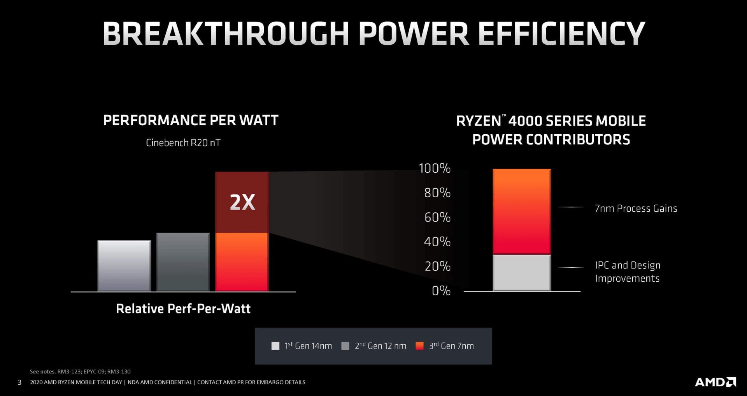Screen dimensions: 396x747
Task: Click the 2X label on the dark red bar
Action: point(242,202)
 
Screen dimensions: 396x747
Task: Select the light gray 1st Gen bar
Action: point(124,266)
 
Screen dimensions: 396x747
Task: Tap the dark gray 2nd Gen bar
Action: point(183,262)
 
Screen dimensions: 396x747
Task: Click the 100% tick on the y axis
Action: point(434,168)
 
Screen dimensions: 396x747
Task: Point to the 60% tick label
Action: point(437,217)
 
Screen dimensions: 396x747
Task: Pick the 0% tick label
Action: point(441,291)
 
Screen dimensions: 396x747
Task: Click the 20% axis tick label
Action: point(437,266)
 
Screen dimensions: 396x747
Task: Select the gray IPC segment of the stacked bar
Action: point(521,272)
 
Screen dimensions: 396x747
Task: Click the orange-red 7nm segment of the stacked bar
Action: point(521,212)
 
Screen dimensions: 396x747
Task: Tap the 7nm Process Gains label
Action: point(636,209)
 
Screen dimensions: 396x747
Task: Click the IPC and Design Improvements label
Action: point(627,272)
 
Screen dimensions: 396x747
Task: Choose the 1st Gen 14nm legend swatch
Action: point(275,346)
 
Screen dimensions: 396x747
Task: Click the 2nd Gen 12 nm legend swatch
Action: point(345,346)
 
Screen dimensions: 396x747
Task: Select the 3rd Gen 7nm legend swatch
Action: point(419,346)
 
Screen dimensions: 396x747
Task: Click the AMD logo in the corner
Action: point(715,382)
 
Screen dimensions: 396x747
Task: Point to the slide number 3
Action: point(19,382)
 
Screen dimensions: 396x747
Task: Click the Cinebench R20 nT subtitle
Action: point(183,143)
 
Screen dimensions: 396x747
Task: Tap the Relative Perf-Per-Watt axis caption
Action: point(183,308)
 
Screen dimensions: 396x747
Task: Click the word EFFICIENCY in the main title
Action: point(561,34)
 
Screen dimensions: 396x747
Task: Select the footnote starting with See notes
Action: point(80,371)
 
